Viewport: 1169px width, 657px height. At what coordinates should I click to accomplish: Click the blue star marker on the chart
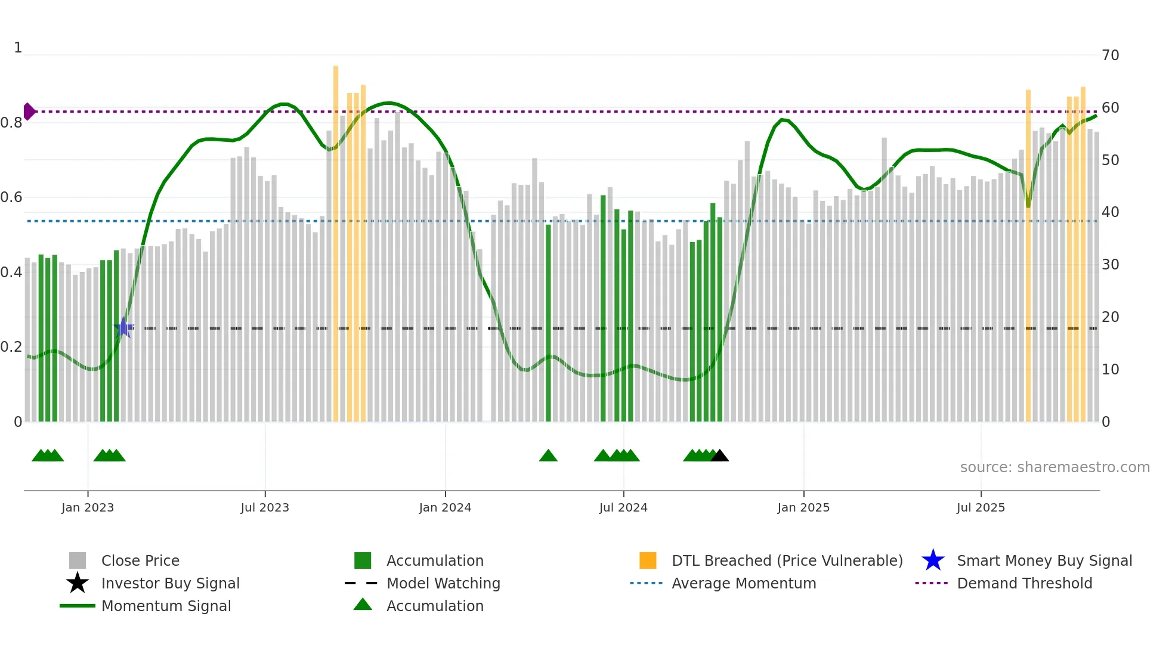coord(123,327)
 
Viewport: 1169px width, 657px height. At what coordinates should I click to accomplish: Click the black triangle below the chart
coord(720,455)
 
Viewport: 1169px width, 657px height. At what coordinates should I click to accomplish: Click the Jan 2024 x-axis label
coord(445,507)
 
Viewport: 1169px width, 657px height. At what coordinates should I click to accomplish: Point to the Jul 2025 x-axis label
coord(981,507)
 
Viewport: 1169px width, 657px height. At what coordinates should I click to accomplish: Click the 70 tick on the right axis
coord(1110,55)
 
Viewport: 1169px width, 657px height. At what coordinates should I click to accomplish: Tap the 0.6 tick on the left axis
coord(11,197)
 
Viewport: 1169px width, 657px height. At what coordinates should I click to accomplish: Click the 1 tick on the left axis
coord(18,48)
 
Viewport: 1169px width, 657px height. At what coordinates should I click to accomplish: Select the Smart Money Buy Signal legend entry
coord(1044,560)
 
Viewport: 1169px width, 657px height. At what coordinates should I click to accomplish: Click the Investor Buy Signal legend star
coord(78,583)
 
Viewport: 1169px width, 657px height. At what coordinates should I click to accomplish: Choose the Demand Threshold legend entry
coord(1024,583)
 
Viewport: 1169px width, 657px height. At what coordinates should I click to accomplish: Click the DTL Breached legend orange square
coord(648,560)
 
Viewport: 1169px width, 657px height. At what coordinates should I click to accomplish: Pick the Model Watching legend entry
coord(443,583)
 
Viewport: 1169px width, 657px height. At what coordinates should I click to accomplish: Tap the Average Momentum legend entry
coord(743,583)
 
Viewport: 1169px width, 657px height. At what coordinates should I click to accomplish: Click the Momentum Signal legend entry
coord(166,606)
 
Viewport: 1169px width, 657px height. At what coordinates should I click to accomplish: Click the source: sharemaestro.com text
coord(1054,467)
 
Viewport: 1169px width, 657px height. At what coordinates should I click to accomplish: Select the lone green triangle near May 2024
coord(548,456)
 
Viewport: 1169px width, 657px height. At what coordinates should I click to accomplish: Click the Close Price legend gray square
coord(78,560)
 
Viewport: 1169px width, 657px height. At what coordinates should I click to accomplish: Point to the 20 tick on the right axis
coord(1110,317)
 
